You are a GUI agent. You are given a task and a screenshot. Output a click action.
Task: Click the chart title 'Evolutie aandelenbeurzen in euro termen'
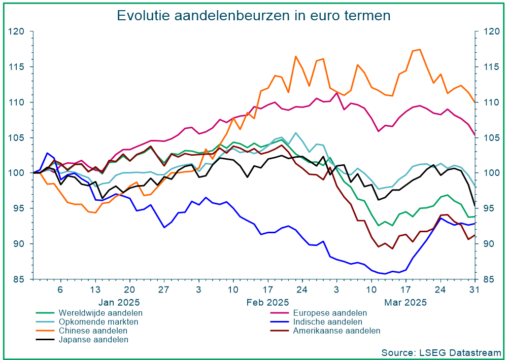tap(254, 15)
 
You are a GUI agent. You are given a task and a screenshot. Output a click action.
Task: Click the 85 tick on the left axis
tap(20, 279)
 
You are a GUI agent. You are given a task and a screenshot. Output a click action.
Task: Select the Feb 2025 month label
tap(267, 302)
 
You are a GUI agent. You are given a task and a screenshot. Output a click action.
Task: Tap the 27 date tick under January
tap(163, 290)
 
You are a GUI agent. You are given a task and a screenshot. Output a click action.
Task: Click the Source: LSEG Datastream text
tap(441, 352)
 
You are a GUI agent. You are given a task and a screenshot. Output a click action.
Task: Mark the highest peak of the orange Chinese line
tap(419, 49)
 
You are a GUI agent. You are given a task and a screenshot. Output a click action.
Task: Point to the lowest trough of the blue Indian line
tap(385, 274)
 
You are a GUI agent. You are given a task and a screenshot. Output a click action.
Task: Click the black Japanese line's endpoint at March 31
tap(475, 205)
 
